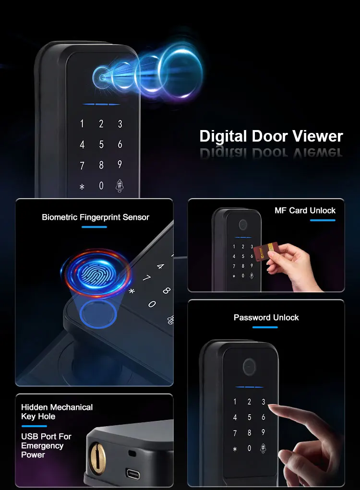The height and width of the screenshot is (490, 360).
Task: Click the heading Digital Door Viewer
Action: [x=271, y=136]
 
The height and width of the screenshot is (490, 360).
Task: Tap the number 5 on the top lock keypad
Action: [x=101, y=144]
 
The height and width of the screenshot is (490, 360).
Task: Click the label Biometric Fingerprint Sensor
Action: [x=96, y=217]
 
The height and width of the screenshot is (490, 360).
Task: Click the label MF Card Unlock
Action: [x=305, y=210]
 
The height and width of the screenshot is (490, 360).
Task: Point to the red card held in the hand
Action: [x=263, y=252]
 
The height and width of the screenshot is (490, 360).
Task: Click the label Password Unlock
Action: [x=266, y=317]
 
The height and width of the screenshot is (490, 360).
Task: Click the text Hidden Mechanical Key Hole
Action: [x=57, y=411]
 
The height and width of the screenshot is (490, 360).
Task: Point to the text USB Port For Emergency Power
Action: [x=46, y=445]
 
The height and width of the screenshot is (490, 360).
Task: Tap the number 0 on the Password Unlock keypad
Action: [x=249, y=448]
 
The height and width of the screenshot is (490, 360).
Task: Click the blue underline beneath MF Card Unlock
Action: [x=323, y=220]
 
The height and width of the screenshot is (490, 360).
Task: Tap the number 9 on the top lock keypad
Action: [x=120, y=165]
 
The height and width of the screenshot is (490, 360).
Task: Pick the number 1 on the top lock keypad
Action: [x=82, y=124]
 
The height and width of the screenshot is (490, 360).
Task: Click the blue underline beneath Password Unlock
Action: [x=265, y=327]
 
